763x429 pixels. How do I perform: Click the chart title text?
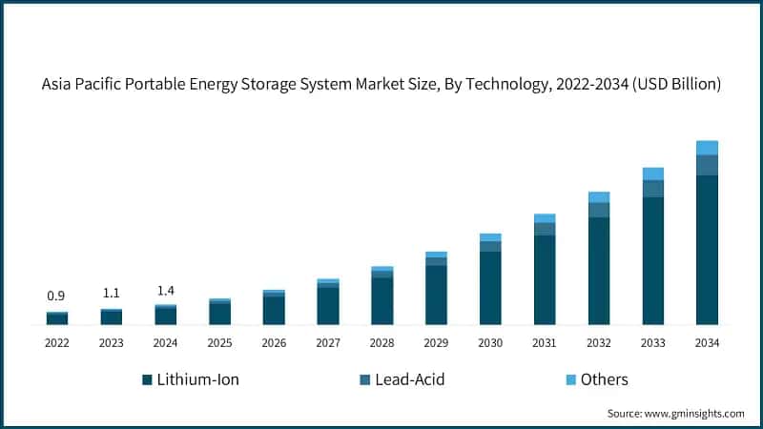(x=381, y=85)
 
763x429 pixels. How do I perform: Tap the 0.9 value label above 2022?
(x=56, y=296)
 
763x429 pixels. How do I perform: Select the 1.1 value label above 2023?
(x=112, y=294)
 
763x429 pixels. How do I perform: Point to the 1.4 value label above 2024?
(x=165, y=290)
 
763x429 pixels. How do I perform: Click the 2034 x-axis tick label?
(x=707, y=342)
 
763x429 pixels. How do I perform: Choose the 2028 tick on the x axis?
(x=381, y=342)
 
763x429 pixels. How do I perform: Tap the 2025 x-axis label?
(x=219, y=342)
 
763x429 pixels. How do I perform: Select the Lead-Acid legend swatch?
(x=364, y=379)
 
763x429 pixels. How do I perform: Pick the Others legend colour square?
(x=571, y=379)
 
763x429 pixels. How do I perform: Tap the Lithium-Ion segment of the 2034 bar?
(x=707, y=250)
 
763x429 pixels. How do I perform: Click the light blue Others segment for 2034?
(x=707, y=148)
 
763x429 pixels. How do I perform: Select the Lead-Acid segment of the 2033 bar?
(x=652, y=189)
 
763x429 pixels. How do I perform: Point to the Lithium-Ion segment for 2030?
(x=490, y=288)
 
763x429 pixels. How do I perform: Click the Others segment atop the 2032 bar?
(x=598, y=197)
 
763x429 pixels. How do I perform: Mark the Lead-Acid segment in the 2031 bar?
(x=545, y=229)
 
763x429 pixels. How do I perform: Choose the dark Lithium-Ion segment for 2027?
(x=328, y=306)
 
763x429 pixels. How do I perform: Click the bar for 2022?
(x=56, y=318)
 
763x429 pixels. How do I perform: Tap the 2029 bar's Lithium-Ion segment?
(x=436, y=295)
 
